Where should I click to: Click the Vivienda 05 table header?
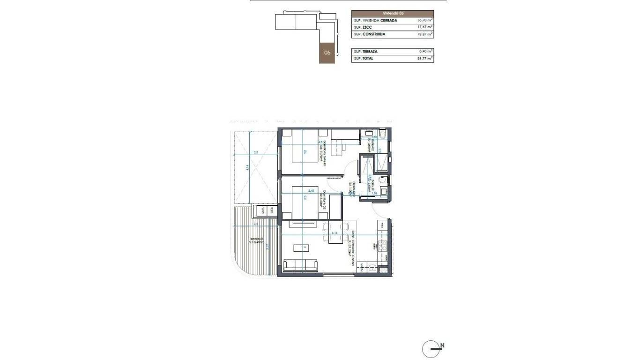point(393,14)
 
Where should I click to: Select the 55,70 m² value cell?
point(425,21)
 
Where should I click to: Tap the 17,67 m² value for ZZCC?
point(425,28)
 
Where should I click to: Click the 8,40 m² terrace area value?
point(425,52)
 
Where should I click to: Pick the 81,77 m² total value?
point(425,59)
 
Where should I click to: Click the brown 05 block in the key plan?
point(327,53)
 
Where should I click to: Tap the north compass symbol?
point(432,349)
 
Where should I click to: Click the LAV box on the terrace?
point(263,211)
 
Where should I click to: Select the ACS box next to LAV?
point(271,211)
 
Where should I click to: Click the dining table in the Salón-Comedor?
point(336,233)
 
